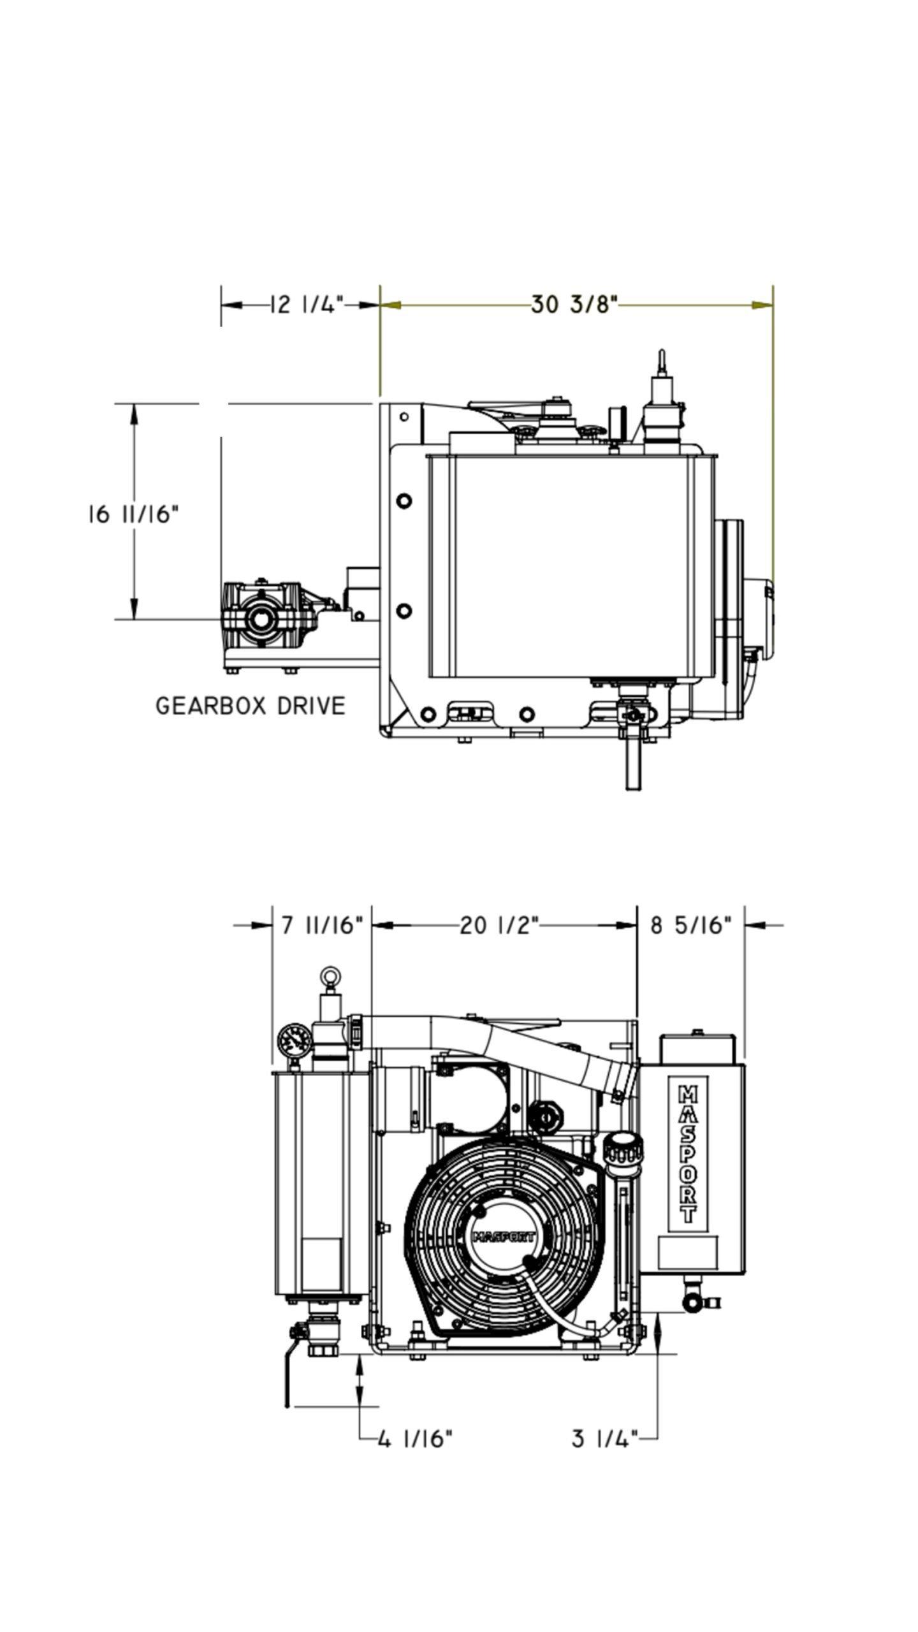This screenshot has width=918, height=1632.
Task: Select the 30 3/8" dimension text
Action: tap(574, 305)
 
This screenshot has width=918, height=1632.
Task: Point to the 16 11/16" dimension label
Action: tap(133, 514)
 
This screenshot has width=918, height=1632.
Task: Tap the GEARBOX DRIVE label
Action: tap(251, 706)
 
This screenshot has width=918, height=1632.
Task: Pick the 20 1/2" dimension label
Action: tap(500, 925)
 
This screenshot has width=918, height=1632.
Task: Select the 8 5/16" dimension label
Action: tap(690, 925)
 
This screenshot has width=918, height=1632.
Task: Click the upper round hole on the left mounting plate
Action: tap(404, 500)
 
